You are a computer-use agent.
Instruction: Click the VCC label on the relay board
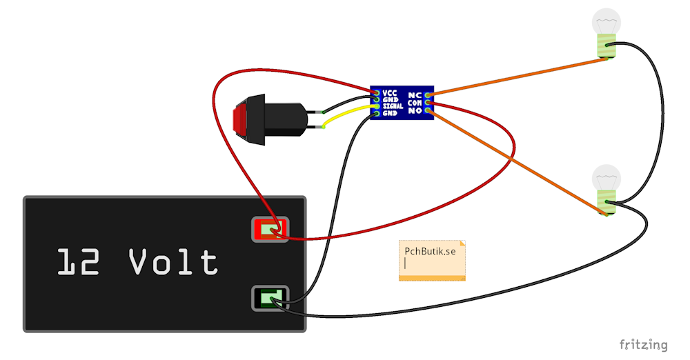click(389, 93)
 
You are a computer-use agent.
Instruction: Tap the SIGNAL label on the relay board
click(393, 106)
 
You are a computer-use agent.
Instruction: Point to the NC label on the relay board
click(415, 95)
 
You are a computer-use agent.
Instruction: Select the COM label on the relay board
click(415, 103)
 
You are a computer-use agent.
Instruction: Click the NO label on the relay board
click(415, 111)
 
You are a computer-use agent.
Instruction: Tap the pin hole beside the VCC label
click(377, 93)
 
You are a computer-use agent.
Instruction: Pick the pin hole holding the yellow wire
click(377, 106)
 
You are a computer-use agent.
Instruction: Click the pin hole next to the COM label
click(428, 103)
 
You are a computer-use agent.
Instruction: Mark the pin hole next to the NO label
click(428, 110)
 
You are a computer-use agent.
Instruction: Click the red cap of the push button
click(240, 119)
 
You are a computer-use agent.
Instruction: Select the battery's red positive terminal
click(270, 229)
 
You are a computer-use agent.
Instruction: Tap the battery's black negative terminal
click(270, 299)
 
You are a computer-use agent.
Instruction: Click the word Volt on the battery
click(173, 261)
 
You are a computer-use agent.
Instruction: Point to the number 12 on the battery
click(79, 262)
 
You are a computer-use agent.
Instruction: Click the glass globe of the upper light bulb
click(607, 21)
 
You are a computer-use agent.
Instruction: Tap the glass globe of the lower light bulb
click(607, 178)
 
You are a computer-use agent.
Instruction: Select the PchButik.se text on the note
click(430, 251)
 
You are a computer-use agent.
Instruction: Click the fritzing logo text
click(643, 345)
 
